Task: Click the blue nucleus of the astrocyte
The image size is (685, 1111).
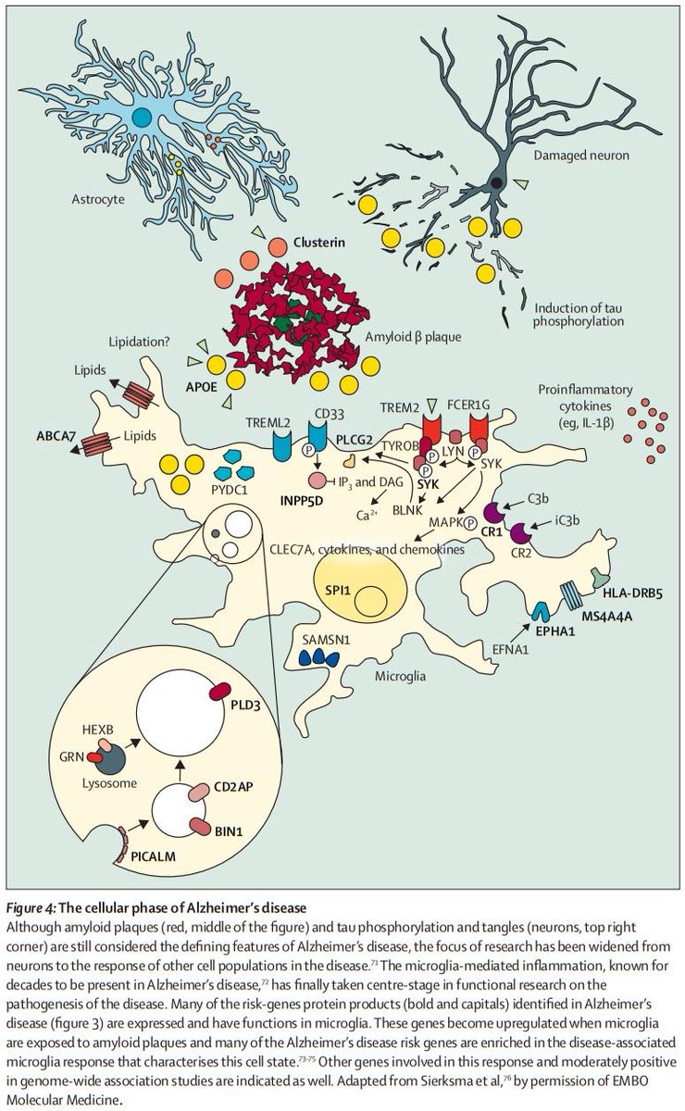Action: pyautogui.click(x=143, y=116)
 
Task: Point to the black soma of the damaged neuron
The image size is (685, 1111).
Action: pyautogui.click(x=498, y=183)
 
